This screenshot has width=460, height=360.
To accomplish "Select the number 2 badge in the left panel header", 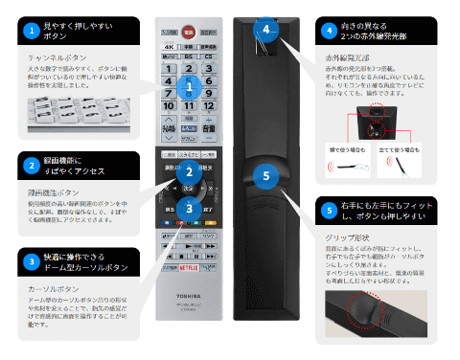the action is tap(32, 166).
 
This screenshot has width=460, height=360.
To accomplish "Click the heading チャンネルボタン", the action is tap(54, 57).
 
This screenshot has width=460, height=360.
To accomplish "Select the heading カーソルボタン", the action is tap(51, 287).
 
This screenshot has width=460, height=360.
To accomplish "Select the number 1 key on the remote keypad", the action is tap(169, 70).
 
